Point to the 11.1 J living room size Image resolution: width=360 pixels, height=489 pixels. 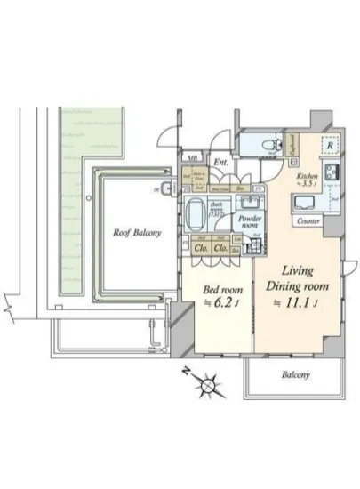point(297,302)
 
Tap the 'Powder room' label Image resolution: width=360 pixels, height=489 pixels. point(245,220)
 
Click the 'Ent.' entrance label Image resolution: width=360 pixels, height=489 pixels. point(220,162)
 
